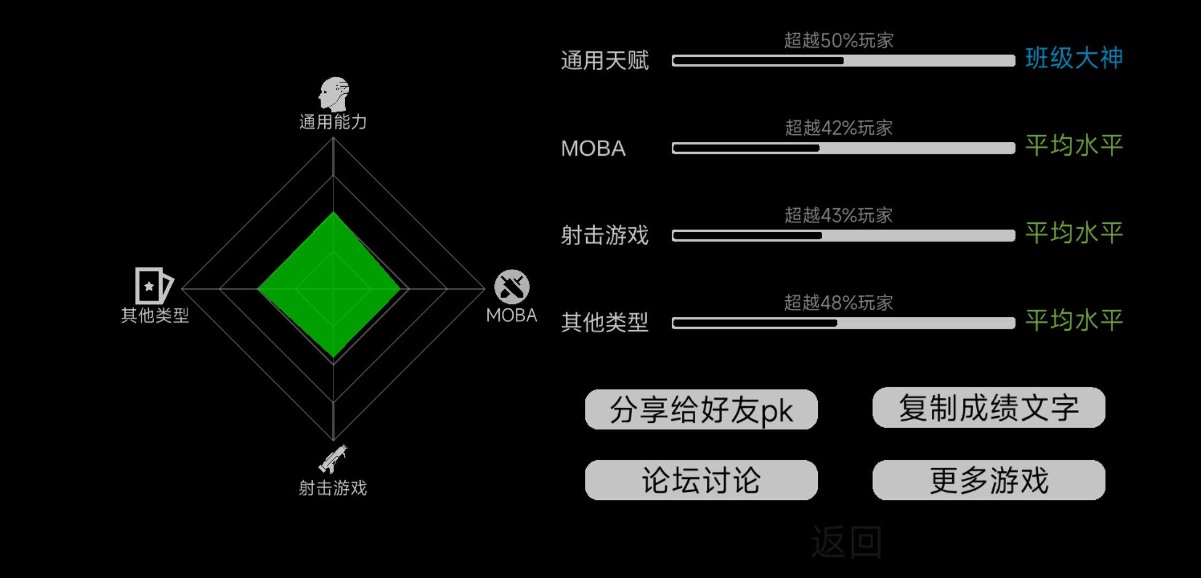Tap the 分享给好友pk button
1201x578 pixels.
pos(701,409)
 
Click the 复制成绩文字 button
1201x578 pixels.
pos(989,408)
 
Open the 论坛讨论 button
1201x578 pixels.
pos(701,480)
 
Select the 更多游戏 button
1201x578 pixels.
pos(989,480)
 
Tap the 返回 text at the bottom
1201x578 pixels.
pos(846,542)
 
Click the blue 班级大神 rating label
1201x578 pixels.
pos(1074,58)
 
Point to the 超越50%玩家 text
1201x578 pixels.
pos(839,40)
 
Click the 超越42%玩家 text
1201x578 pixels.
pos(839,128)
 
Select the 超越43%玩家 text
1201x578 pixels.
pos(839,215)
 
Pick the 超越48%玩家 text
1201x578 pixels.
pos(839,303)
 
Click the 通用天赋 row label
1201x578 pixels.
pos(605,60)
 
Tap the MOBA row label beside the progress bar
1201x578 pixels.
pos(593,148)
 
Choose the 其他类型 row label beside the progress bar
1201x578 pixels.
pos(605,323)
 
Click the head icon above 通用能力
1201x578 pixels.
pos(334,94)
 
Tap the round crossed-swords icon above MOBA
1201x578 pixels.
pos(512,287)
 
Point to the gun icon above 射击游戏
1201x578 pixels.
pos(333,459)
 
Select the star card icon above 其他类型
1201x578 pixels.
pos(154,286)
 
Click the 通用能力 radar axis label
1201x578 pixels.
pos(333,122)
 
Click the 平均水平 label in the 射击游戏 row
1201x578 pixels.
pos(1074,233)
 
